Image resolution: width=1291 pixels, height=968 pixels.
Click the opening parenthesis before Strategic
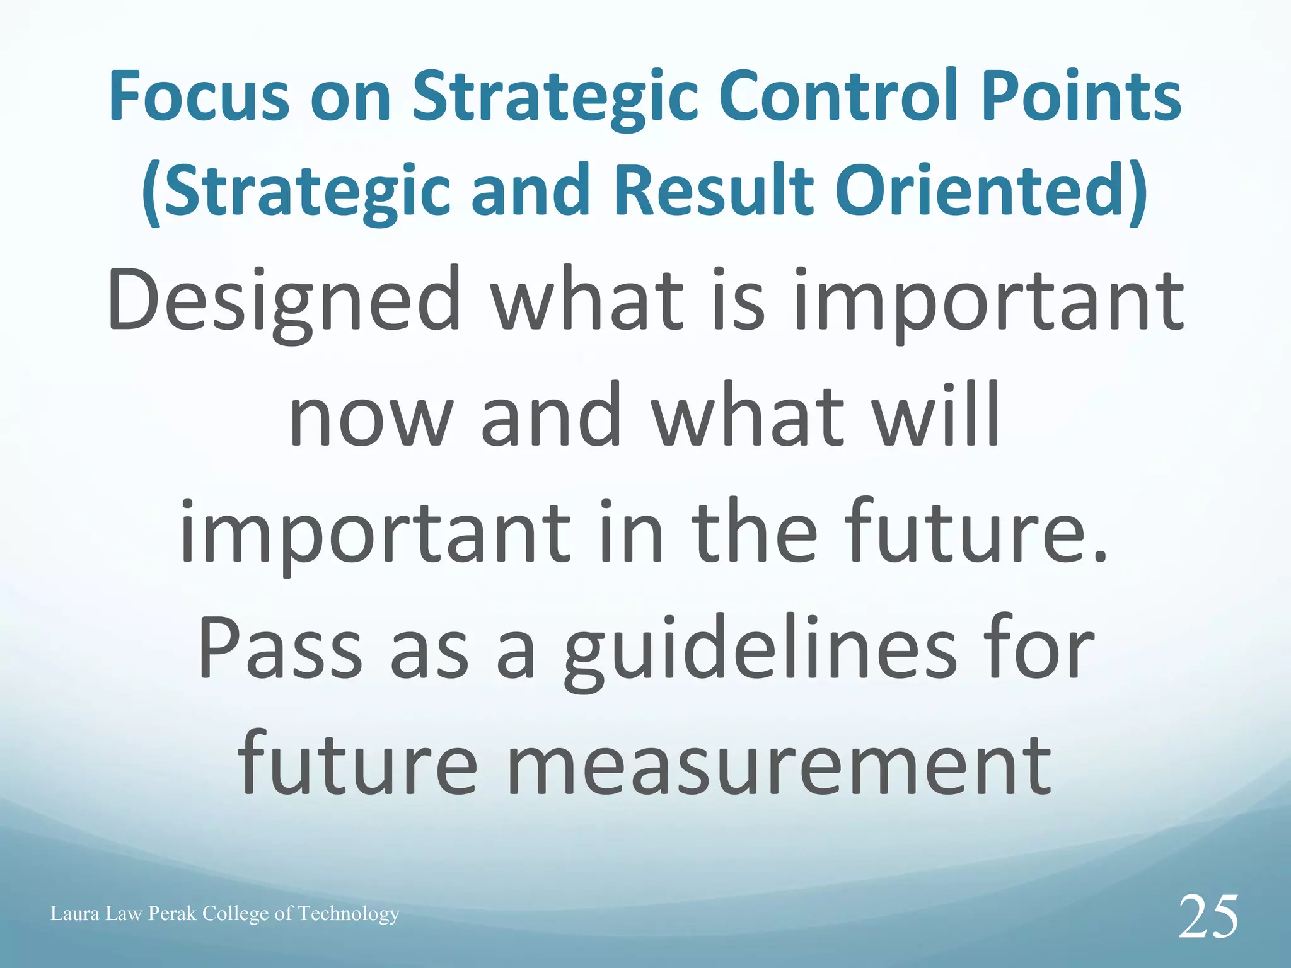(x=151, y=192)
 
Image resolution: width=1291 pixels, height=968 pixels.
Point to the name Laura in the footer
(x=75, y=913)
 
